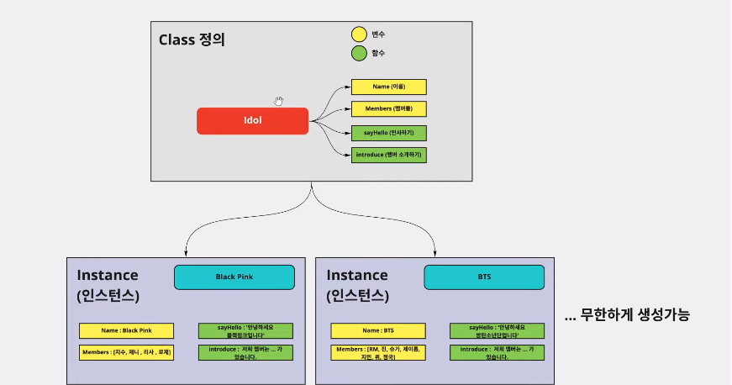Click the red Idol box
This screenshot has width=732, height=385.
(253, 121)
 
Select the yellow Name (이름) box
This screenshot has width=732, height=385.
(388, 87)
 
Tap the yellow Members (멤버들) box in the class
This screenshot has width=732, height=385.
(388, 109)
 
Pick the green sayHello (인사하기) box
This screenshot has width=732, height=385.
(388, 132)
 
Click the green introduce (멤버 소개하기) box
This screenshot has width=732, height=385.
(388, 155)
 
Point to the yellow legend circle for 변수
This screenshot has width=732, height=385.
(359, 34)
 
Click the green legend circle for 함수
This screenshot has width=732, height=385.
(359, 54)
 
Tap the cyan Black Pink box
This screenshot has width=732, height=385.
(234, 277)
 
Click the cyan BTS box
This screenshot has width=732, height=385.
(484, 277)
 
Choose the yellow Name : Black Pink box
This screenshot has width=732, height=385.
(126, 330)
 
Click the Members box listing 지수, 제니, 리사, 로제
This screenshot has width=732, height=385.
(126, 352)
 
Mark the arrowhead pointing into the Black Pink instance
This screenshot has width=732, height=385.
(185, 253)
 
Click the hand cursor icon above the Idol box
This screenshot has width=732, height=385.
(278, 101)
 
